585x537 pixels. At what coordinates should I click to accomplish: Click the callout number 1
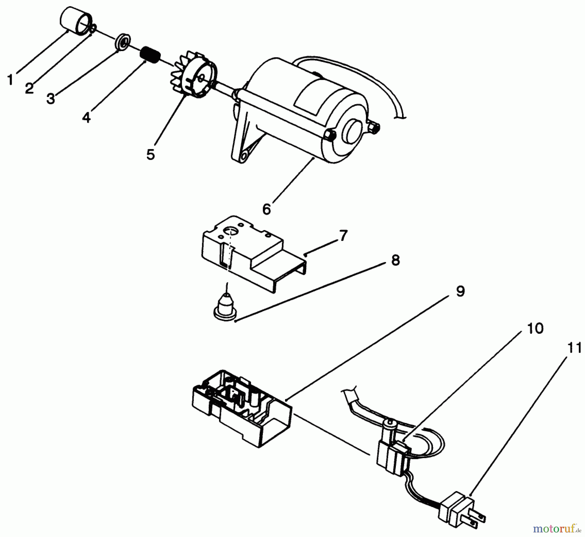tap(11, 79)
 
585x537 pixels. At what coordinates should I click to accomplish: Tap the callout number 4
tap(86, 117)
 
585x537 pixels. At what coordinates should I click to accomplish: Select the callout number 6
tap(266, 210)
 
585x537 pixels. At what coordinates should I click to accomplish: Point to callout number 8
tap(395, 260)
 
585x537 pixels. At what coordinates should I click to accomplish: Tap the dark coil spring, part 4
tap(150, 54)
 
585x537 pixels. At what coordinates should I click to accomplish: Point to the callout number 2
tap(29, 88)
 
